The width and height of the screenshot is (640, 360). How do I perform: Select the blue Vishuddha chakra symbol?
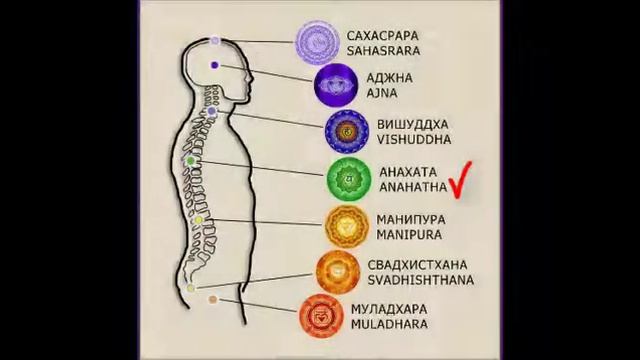pyautogui.click(x=346, y=130)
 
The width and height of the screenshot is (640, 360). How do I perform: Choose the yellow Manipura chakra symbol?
pyautogui.click(x=346, y=226)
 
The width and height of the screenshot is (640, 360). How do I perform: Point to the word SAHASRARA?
pyautogui.click(x=384, y=50)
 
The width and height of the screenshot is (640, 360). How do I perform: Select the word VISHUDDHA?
pyautogui.click(x=414, y=139)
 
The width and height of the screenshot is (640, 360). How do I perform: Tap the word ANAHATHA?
pyautogui.click(x=411, y=186)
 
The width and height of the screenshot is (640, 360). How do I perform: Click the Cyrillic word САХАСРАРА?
pyautogui.click(x=384, y=34)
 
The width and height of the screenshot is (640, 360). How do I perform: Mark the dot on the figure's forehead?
pyautogui.click(x=215, y=65)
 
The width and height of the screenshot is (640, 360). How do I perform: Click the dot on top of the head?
pyautogui.click(x=214, y=41)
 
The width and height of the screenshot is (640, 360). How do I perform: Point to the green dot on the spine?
pyautogui.click(x=190, y=160)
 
